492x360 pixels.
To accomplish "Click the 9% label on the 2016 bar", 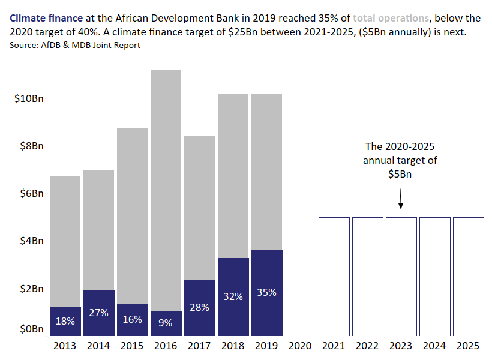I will point(166,323).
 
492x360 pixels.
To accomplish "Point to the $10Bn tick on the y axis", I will point(29,98).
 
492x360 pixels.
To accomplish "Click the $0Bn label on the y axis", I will point(29,329).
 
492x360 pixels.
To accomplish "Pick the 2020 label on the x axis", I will point(300,346).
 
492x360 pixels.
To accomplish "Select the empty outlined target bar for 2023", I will point(401,276).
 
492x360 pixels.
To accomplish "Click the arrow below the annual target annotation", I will point(401,198).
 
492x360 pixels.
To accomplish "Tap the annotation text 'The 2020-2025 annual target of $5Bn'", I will point(400,160).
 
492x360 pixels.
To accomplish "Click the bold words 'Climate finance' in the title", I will point(46,19).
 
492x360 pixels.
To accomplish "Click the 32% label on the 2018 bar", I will point(233,296).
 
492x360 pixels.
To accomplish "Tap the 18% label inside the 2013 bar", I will point(65,321).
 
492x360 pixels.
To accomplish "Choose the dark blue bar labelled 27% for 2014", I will point(98,313).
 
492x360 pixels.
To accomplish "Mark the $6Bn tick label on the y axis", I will point(29,193).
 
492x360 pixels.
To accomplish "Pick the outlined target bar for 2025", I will point(468,276).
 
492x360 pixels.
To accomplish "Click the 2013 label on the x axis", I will point(65,346).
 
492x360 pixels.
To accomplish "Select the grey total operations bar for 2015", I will point(132,216).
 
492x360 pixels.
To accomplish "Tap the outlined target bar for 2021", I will point(334,276).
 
